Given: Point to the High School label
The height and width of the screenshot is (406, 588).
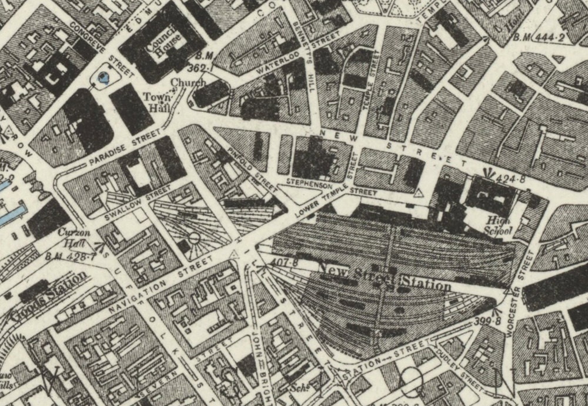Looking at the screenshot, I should click(499, 227).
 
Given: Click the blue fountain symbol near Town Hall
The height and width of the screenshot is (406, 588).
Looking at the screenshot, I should click(105, 77).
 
